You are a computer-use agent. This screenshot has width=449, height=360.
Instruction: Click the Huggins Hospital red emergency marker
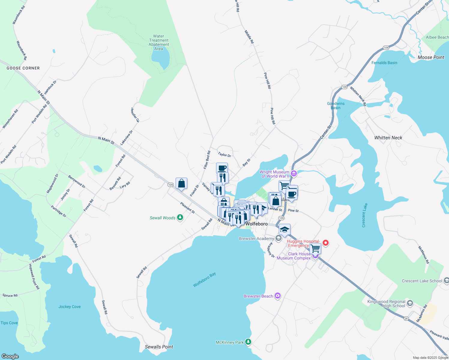pos(325,242)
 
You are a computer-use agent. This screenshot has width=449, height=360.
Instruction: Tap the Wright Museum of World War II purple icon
pos(294,173)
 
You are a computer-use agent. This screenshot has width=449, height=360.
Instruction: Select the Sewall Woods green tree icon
pos(180,217)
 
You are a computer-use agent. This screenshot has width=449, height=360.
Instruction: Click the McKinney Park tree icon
pos(248,342)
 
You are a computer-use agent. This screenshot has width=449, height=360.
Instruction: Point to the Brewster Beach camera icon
pos(278,296)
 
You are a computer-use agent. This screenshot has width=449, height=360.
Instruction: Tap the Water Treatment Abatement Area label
pos(159,42)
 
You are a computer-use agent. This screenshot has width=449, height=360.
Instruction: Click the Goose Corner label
pos(23,68)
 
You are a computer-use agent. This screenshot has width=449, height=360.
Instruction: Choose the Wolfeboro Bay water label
pos(204,280)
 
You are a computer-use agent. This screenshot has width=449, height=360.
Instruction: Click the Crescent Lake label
pos(365,215)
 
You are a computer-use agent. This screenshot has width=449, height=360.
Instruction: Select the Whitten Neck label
pos(388,138)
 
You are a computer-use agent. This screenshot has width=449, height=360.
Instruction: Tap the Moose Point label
pos(431,57)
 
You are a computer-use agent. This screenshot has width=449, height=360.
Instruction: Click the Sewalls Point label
pos(159,347)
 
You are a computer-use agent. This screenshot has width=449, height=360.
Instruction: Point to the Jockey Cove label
pos(69,307)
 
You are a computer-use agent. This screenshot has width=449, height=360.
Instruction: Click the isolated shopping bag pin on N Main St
pos(181,183)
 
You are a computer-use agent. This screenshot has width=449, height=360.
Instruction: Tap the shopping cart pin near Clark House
pos(315,248)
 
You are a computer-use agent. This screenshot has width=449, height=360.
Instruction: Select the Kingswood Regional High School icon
pos(410,303)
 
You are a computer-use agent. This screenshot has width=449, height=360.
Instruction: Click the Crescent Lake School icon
pos(446,280)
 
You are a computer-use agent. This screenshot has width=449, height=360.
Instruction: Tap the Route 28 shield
pos(406,319)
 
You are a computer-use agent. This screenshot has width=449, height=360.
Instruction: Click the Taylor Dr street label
pos(224,155)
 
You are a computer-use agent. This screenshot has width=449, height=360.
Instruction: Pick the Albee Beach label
pos(437,37)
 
